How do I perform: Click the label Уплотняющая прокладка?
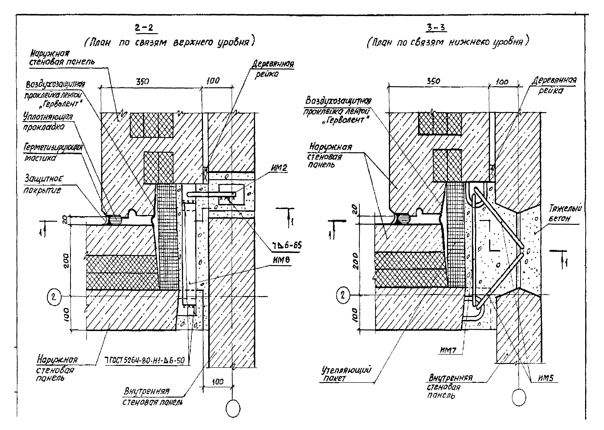[48, 122]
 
